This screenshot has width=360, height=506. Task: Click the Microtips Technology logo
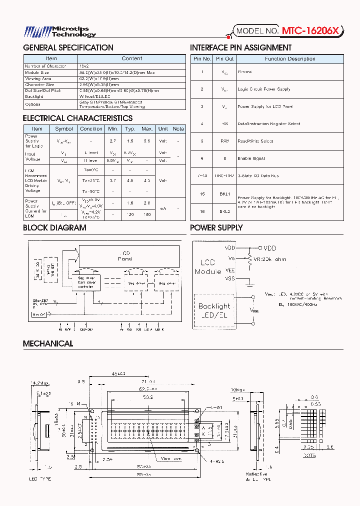(60, 32)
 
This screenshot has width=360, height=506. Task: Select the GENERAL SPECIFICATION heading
(68, 48)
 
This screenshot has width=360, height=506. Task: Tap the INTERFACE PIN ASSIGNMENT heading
(240, 48)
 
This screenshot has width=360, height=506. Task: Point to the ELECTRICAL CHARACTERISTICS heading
(77, 118)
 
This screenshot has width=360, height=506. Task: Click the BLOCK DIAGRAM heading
(54, 228)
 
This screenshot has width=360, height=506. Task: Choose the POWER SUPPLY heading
(216, 228)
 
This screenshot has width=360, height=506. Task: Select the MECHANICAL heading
(48, 344)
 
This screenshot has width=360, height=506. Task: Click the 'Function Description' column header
(289, 59)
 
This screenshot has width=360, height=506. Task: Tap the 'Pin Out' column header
(225, 59)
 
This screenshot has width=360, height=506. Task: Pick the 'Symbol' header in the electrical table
(64, 129)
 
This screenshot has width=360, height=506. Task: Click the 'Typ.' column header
(130, 129)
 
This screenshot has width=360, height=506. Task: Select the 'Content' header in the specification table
(132, 58)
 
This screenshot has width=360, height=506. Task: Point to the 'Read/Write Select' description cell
(255, 141)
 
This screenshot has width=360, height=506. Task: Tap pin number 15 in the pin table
(202, 193)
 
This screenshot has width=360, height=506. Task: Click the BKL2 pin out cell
(225, 211)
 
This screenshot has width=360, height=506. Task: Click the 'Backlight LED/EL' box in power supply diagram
(214, 309)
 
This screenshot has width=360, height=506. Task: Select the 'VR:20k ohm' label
(269, 259)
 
